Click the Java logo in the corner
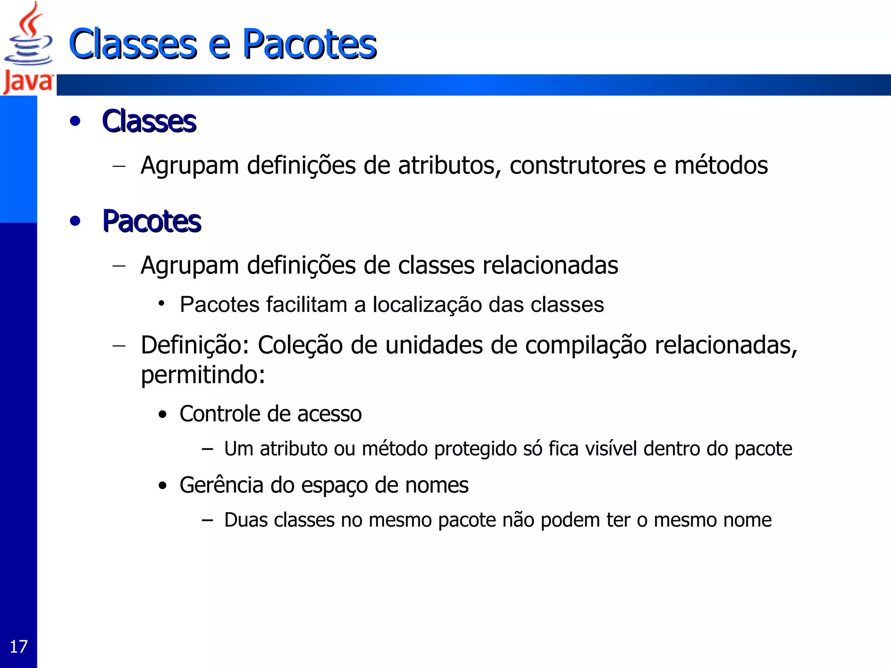[28, 48]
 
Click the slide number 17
[18, 647]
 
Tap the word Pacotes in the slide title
[309, 44]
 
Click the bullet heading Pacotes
[151, 221]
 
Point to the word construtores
[577, 166]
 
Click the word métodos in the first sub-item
[721, 166]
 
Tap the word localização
[427, 305]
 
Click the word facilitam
[307, 304]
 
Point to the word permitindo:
[203, 375]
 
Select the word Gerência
[221, 485]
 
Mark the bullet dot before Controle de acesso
[163, 414]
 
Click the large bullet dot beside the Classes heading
[75, 121]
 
